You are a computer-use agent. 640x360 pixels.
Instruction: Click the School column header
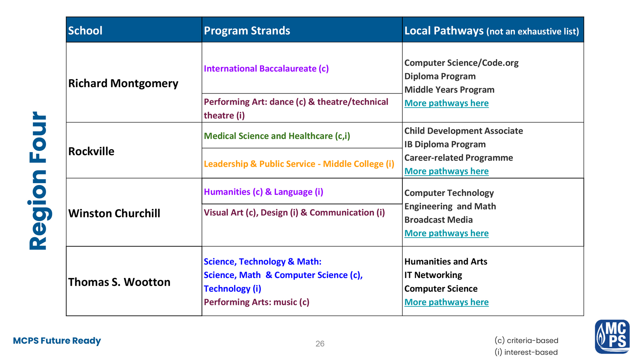85,30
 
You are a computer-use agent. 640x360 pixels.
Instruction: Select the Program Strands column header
247,30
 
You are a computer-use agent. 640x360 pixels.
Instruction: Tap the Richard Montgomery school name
123,83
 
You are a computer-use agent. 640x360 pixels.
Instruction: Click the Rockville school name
91,151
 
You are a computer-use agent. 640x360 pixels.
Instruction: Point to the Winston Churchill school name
114,213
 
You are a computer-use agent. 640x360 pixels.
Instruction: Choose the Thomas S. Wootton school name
119,282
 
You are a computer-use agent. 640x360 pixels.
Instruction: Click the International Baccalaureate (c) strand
266,68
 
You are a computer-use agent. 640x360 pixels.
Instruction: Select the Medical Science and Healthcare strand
277,136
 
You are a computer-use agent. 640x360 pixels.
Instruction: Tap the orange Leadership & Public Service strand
299,164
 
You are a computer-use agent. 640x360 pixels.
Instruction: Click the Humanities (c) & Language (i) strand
263,192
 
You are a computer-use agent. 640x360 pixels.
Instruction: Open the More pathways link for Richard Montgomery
446,103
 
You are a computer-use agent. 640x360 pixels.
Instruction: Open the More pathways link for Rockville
446,171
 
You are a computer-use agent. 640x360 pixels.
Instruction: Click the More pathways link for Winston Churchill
446,233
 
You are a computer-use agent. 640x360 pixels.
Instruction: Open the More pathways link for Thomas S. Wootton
446,302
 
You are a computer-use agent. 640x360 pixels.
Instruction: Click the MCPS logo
612,336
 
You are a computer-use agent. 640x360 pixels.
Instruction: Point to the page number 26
320,344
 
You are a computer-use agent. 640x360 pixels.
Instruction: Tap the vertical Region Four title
38,181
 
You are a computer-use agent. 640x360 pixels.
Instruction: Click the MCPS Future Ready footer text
57,341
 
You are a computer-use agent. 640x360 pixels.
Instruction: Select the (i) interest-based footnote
526,352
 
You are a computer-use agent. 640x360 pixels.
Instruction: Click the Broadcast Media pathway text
438,220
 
